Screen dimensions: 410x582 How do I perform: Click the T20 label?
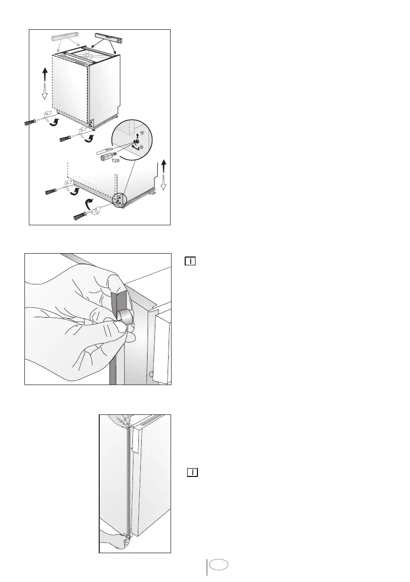coord(115,161)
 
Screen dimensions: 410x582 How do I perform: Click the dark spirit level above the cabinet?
coord(108,38)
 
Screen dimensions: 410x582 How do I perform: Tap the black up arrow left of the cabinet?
coord(45,74)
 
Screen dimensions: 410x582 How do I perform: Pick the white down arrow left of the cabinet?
coord(44,91)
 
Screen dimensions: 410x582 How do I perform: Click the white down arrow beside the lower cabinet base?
coord(163,183)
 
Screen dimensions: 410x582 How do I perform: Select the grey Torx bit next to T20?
coord(108,156)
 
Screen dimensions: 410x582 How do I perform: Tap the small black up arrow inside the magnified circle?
coord(138,136)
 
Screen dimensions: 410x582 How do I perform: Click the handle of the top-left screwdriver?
coord(29,122)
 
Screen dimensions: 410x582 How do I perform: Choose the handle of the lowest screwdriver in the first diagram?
coord(79,216)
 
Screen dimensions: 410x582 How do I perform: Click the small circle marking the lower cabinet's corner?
coord(120,200)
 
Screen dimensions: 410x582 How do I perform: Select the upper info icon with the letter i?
coord(190,261)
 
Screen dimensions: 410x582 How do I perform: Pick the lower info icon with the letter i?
coord(192,473)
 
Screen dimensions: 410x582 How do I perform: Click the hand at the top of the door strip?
coord(119,421)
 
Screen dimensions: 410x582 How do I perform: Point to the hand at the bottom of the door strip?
coord(115,540)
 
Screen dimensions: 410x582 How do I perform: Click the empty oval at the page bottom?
coord(218,564)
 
